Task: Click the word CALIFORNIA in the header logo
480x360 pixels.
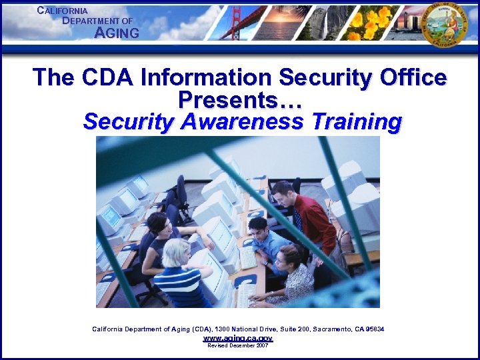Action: [x=63, y=11]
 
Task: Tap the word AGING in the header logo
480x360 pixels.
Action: [x=117, y=33]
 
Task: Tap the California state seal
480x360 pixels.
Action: [x=445, y=24]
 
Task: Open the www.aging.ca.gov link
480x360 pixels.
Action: [x=237, y=339]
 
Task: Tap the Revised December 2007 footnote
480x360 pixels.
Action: [x=237, y=346]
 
